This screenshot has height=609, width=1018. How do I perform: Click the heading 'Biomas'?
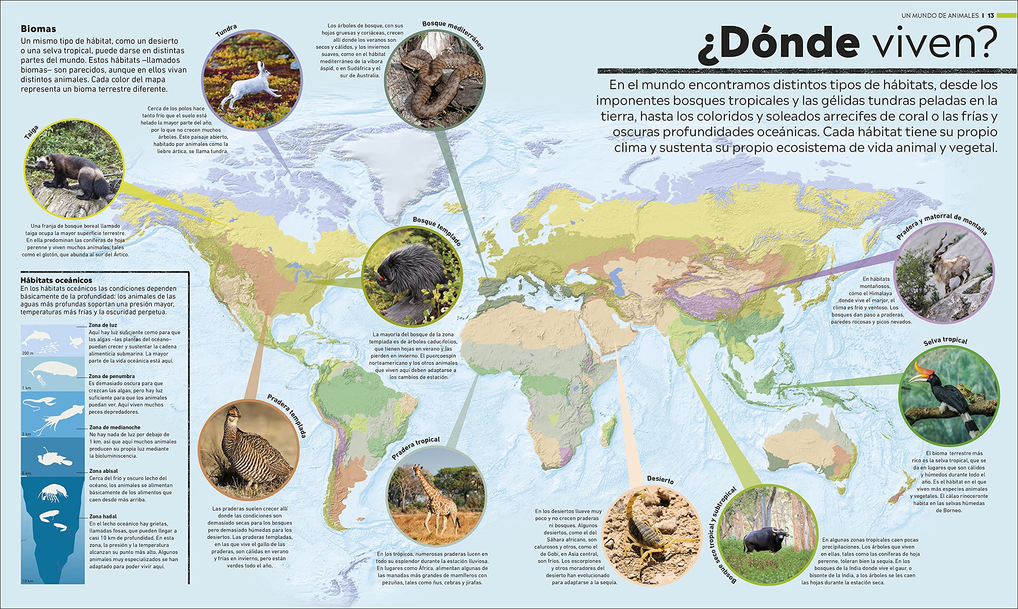[x=38, y=29]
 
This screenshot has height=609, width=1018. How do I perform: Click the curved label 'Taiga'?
[x=31, y=132]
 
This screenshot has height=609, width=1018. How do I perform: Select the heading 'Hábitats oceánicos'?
[x=56, y=280]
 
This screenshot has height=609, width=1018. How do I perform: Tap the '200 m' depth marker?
[x=27, y=353]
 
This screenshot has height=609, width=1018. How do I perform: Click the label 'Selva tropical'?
[x=945, y=341]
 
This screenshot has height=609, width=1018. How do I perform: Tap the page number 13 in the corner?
[x=991, y=16]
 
